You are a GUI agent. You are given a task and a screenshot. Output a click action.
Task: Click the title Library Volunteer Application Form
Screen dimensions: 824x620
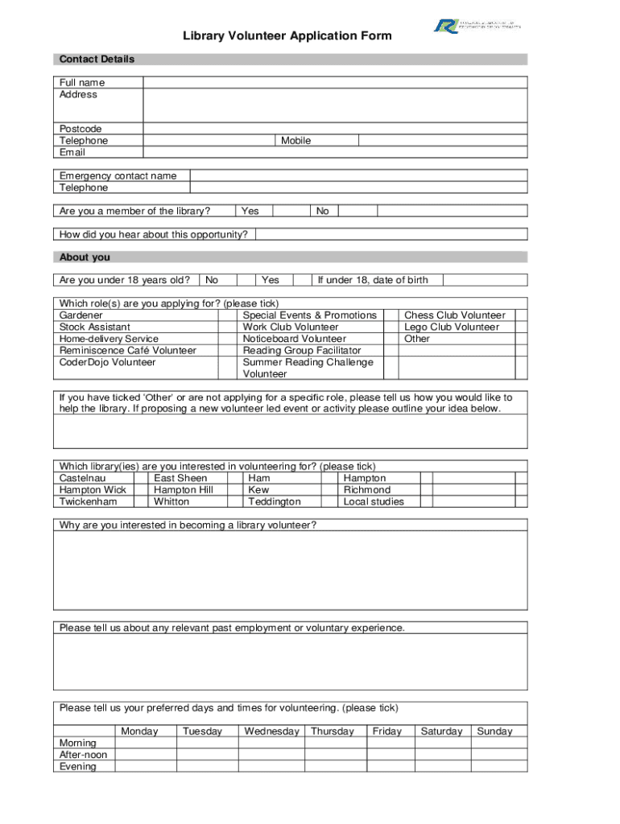point(287,36)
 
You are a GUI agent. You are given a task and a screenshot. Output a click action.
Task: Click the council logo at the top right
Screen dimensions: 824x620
point(477,26)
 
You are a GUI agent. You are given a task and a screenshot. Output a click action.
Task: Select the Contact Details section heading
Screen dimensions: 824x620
point(97,60)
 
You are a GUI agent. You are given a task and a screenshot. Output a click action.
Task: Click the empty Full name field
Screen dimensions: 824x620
point(335,82)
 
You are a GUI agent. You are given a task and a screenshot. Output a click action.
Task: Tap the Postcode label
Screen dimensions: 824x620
point(81,129)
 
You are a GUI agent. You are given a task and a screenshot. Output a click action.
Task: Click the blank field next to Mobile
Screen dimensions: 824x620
point(442,141)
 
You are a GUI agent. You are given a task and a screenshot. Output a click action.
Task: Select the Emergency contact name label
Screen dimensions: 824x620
point(118,176)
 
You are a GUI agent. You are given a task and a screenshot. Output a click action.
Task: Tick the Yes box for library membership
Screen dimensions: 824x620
point(291,212)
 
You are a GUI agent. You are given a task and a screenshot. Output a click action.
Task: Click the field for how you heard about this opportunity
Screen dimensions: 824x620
point(391,235)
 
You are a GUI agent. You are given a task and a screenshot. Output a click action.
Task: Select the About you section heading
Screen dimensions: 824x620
point(85,257)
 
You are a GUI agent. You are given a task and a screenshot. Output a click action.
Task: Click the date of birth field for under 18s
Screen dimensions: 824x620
point(485,280)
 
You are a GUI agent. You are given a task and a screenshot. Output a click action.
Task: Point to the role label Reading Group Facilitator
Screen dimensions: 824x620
point(302,351)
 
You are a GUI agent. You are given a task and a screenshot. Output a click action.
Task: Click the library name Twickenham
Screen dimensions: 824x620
point(88,501)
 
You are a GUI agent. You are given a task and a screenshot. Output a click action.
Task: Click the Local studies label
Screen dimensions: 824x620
point(374,501)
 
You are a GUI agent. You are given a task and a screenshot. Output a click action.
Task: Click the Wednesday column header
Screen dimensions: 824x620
point(271,731)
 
